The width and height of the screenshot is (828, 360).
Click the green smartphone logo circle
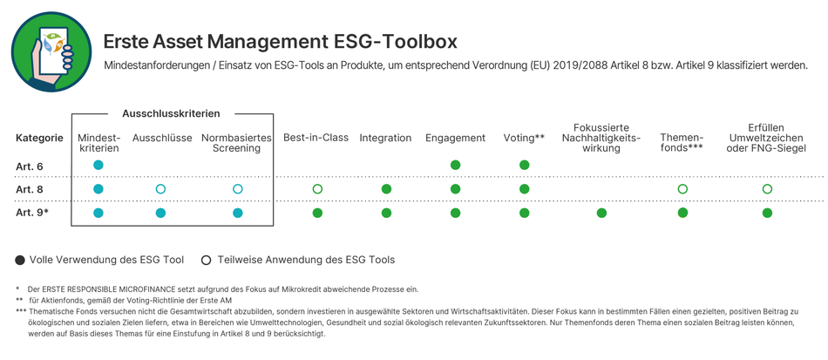click(x=51, y=51)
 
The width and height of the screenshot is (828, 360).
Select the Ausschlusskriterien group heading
click(x=171, y=113)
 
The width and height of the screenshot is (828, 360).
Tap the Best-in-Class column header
click(x=316, y=138)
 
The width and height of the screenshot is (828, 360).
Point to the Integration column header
click(x=385, y=139)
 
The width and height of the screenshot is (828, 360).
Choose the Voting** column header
click(x=524, y=139)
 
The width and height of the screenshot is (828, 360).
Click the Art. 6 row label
click(x=30, y=166)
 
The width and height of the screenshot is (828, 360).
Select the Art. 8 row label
click(x=30, y=189)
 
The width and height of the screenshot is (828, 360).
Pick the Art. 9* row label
click(x=32, y=214)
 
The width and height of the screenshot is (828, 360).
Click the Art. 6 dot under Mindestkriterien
click(x=98, y=166)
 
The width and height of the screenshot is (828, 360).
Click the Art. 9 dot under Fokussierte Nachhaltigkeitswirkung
click(x=601, y=214)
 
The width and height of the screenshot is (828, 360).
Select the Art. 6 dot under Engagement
click(x=455, y=166)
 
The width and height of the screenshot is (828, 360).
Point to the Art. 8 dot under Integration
click(x=386, y=189)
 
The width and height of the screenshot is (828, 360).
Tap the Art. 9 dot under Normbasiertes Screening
click(x=238, y=214)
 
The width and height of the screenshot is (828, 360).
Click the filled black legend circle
click(x=21, y=261)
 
